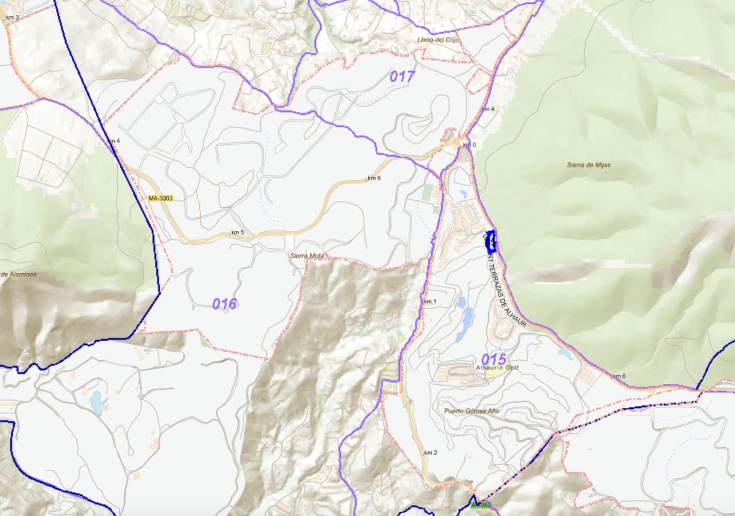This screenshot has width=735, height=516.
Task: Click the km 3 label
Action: click(x=12, y=18)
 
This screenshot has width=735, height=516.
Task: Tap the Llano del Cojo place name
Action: click(x=438, y=40)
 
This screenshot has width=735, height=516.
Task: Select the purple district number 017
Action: click(x=402, y=76)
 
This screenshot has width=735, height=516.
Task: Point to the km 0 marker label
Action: click(x=469, y=145)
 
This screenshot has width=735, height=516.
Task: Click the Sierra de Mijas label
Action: click(x=588, y=165)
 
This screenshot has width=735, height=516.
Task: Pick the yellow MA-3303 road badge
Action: click(x=160, y=198)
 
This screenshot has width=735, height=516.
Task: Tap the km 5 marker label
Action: click(x=238, y=232)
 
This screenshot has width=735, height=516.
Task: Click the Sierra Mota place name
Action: click(x=307, y=256)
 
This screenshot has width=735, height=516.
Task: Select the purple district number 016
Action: click(x=224, y=304)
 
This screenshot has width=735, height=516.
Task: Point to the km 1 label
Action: click(x=430, y=301)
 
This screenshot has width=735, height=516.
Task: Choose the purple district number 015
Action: click(x=494, y=359)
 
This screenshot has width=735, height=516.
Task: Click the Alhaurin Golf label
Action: click(x=497, y=368)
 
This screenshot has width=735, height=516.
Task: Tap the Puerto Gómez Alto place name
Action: click(x=472, y=411)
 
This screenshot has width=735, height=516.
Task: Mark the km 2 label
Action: click(x=430, y=453)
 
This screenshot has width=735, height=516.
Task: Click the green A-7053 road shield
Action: click(x=481, y=505)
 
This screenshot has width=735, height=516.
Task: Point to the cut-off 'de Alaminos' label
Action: click(x=18, y=274)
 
